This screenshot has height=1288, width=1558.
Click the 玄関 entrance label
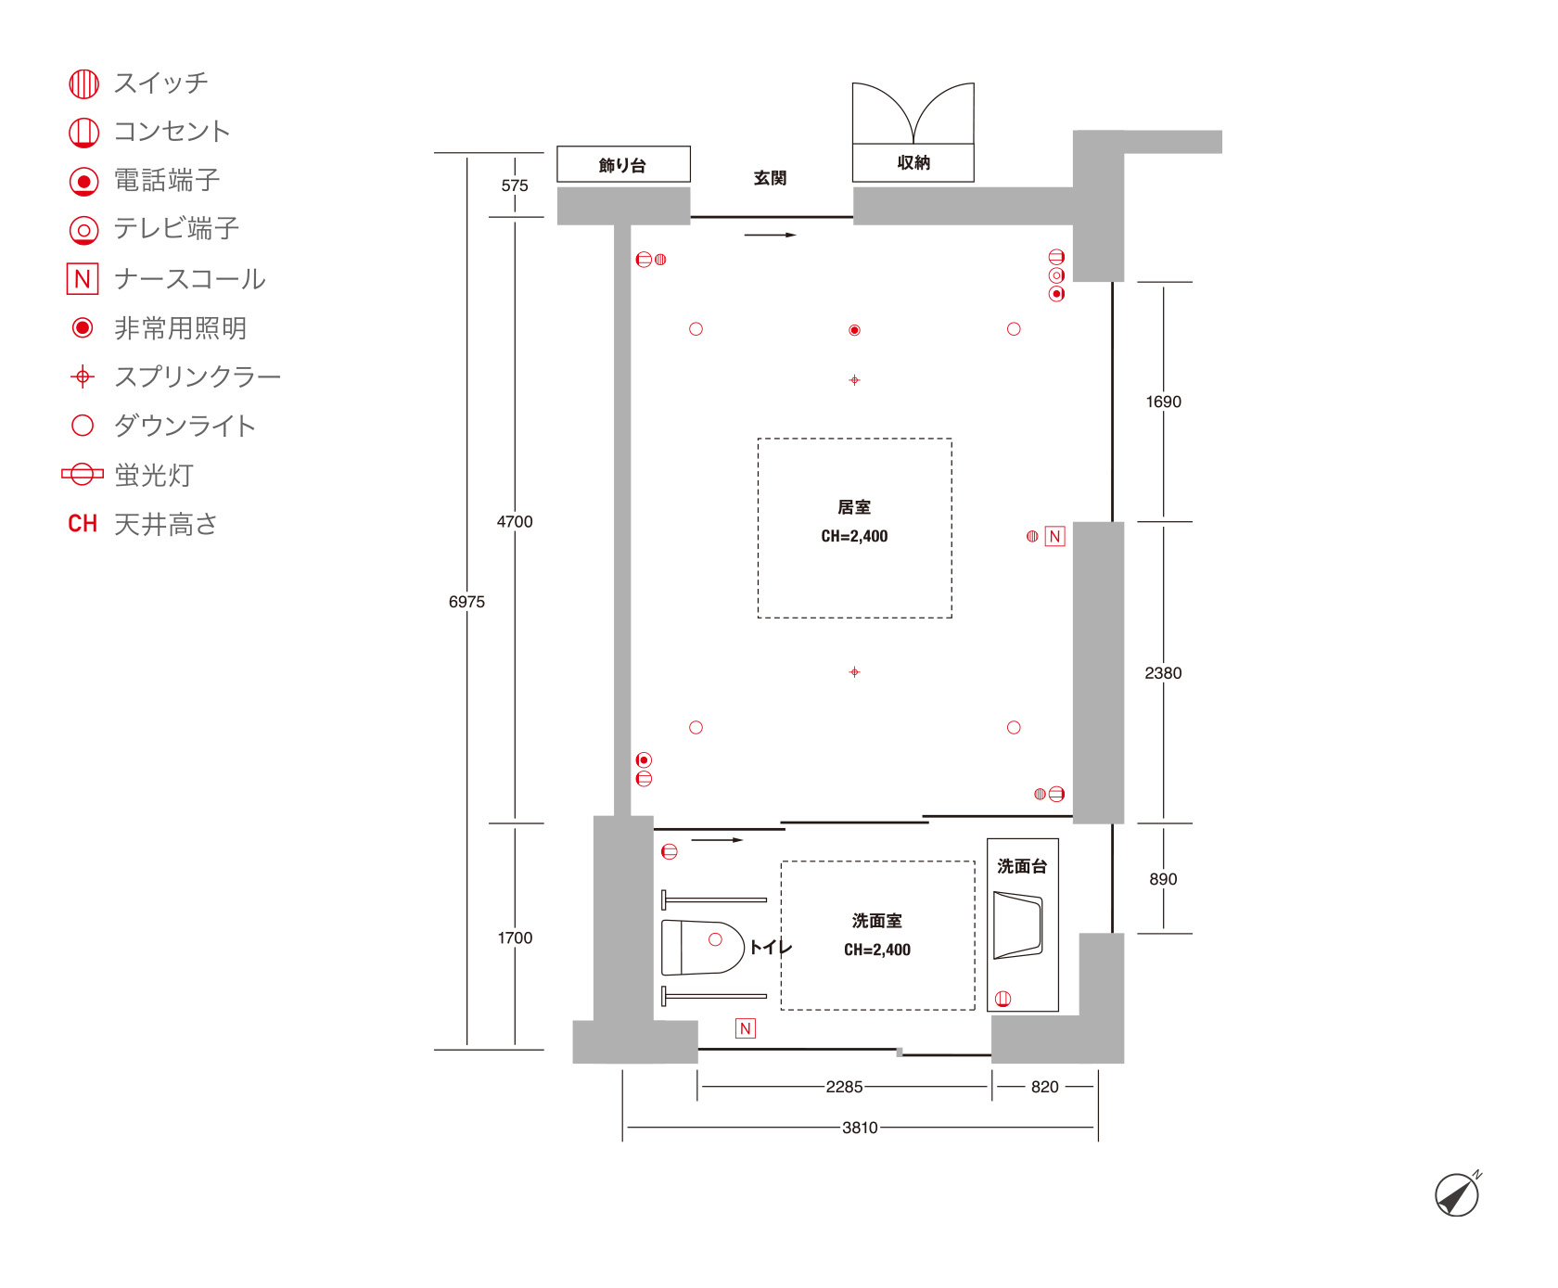tap(770, 178)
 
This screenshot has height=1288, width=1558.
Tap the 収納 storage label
tap(913, 162)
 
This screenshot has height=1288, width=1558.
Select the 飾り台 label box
tap(623, 164)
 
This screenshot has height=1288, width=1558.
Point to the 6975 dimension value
tap(466, 602)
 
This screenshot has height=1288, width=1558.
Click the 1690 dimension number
tap(1163, 402)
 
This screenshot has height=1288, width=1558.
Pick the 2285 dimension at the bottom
tap(844, 1087)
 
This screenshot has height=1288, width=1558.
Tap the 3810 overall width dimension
tap(860, 1128)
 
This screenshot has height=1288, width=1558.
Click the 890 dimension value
tap(1163, 879)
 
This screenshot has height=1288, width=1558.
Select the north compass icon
tap(1458, 1193)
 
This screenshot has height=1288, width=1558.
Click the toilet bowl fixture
tap(703, 947)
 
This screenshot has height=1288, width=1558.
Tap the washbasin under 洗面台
tap(1018, 925)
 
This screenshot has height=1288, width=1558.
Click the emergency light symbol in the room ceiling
tap(855, 330)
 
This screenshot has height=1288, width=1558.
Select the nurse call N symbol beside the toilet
tap(746, 1028)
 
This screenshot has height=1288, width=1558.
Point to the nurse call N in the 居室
tap(1054, 536)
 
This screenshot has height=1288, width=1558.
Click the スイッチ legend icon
tap(83, 83)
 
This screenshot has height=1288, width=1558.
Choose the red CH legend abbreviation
tap(83, 524)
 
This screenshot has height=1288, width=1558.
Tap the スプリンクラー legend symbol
tap(83, 376)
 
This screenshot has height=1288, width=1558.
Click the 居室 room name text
tap(854, 507)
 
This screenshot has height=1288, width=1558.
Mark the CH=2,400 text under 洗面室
tap(877, 950)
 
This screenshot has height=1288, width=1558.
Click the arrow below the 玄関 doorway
tap(771, 235)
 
